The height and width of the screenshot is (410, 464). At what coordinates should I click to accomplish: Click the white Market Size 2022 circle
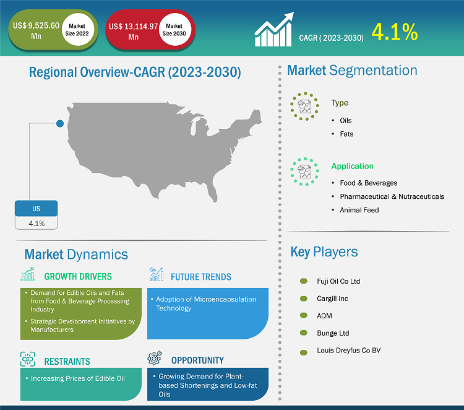coord(77,30)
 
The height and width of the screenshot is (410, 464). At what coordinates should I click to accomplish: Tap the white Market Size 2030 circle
coord(174,30)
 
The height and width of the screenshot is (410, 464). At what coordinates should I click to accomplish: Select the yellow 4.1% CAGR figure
coord(395,32)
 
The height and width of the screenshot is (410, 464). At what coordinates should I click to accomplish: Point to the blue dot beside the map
coord(60,123)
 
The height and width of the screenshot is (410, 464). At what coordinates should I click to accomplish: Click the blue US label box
coord(36,209)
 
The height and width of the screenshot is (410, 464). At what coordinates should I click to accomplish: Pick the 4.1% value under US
coord(37,224)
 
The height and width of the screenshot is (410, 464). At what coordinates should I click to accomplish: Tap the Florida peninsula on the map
coord(212,192)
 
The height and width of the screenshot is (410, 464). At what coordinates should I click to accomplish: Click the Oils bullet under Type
coord(346,120)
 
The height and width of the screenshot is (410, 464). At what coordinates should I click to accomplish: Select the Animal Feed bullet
coord(359,210)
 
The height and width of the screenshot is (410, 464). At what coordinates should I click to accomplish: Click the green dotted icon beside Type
coord(304,107)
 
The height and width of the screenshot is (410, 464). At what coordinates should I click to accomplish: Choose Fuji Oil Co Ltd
coord(338,281)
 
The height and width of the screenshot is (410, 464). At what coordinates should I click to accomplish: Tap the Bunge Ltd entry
coord(333,333)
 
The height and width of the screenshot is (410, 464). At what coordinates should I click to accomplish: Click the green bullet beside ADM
coord(304,315)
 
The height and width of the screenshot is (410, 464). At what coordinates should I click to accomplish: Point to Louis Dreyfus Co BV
coord(348,351)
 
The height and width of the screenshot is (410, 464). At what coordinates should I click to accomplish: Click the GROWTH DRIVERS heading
coord(78,276)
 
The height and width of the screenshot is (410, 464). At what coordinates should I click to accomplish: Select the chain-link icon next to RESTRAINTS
coord(28,359)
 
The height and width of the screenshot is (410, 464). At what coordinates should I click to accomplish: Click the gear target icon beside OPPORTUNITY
coord(155,358)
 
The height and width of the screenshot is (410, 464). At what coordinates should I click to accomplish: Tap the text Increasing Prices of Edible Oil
coord(78,378)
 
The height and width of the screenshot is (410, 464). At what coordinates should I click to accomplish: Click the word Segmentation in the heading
coord(373,71)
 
